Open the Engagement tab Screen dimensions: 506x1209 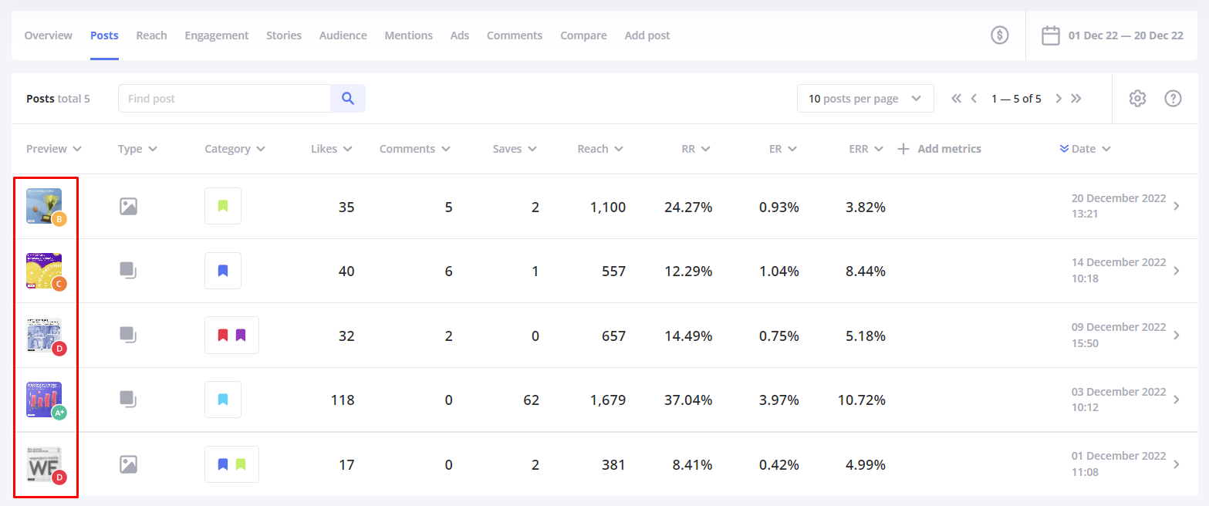[217, 35]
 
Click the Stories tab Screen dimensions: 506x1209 [284, 35]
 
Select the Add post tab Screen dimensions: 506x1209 [647, 35]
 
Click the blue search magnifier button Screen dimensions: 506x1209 [348, 99]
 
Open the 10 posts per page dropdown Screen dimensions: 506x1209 [865, 99]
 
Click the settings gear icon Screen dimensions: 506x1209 [1137, 99]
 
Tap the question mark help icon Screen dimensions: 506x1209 [1173, 99]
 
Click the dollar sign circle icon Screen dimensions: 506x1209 [1000, 35]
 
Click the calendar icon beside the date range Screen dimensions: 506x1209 [1050, 35]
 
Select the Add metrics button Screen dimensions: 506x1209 [940, 149]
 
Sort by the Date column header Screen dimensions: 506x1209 [1085, 149]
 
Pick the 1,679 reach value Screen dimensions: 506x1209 [607, 400]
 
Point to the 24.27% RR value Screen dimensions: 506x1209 [688, 207]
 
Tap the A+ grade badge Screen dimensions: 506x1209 [59, 413]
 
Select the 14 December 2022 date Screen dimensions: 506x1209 [1118, 262]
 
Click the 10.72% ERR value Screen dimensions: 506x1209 [862, 400]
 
